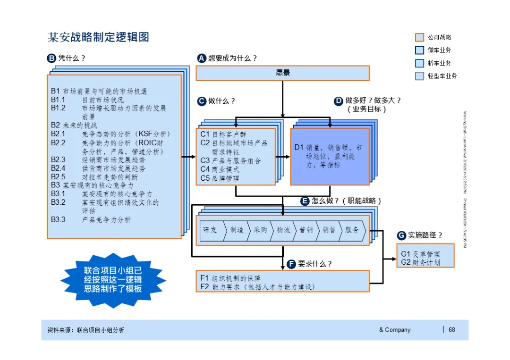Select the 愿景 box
(282, 73)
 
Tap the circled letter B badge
(51, 59)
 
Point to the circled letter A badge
(202, 59)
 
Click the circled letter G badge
(401, 235)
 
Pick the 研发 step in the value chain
(211, 230)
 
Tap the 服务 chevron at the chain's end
(352, 230)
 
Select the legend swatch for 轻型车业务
(420, 76)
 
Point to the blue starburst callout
(113, 279)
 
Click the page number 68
(452, 330)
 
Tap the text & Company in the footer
(395, 330)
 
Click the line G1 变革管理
(420, 254)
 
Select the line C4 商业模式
(220, 169)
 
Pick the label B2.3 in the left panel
(58, 159)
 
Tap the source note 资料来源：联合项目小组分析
(86, 330)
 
